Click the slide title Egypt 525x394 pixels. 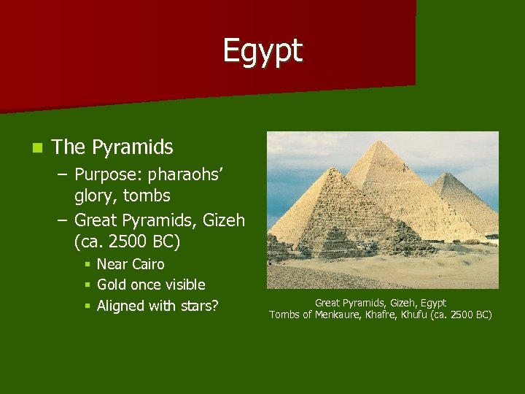point(262,52)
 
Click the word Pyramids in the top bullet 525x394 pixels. point(133,147)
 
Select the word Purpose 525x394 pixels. point(108,175)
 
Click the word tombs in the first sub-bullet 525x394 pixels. point(147,196)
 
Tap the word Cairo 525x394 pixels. point(147,264)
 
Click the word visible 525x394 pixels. point(181,285)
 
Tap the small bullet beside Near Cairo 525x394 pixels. point(87,264)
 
